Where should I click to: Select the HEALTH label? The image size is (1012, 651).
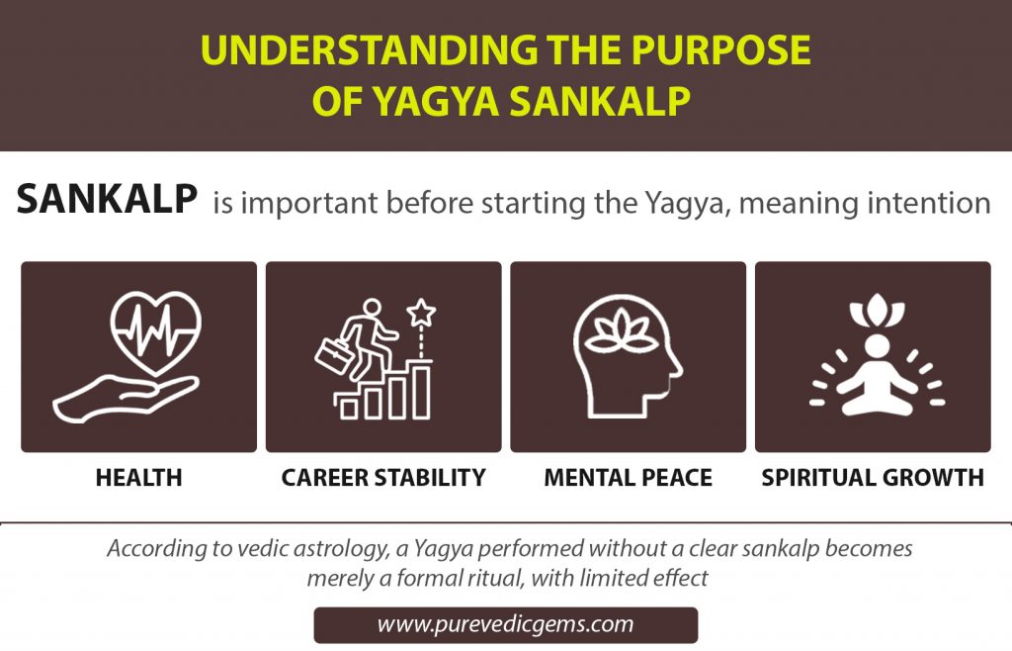point(139,478)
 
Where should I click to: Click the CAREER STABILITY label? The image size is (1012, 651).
point(383,478)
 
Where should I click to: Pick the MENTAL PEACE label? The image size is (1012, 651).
point(628,478)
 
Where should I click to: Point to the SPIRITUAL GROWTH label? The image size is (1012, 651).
point(873,478)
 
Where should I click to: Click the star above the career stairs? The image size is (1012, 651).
point(422,314)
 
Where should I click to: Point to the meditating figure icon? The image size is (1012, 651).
point(873,376)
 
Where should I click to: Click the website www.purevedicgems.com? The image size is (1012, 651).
point(505,625)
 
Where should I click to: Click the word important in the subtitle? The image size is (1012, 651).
point(310,204)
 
